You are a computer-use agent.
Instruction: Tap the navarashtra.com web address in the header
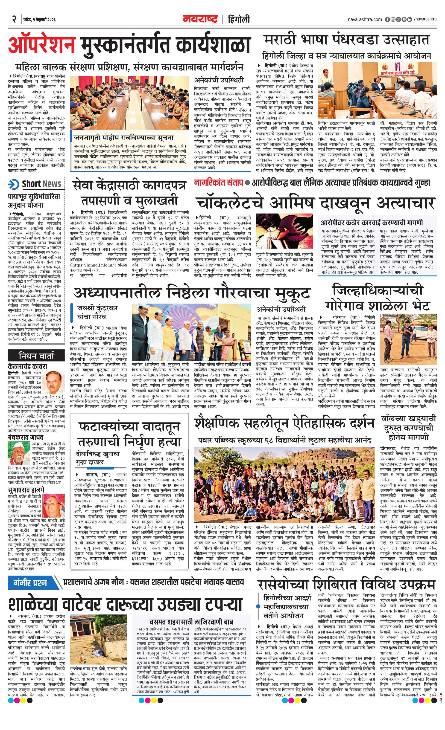[x=365, y=19]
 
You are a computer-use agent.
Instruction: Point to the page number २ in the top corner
[x=13, y=19]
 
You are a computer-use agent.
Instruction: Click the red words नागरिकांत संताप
[x=219, y=182]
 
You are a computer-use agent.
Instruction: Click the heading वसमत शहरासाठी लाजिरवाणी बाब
[x=191, y=622]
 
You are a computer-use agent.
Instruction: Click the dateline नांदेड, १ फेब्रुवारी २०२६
[x=40, y=20]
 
